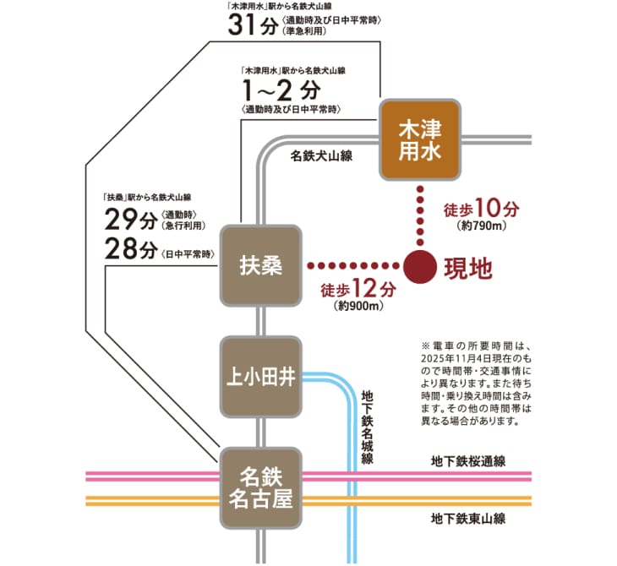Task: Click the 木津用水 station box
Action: click(420, 140)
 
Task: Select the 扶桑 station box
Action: click(260, 264)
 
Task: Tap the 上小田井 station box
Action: click(260, 377)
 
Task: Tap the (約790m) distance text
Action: click(479, 226)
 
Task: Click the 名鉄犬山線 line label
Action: click(321, 156)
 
